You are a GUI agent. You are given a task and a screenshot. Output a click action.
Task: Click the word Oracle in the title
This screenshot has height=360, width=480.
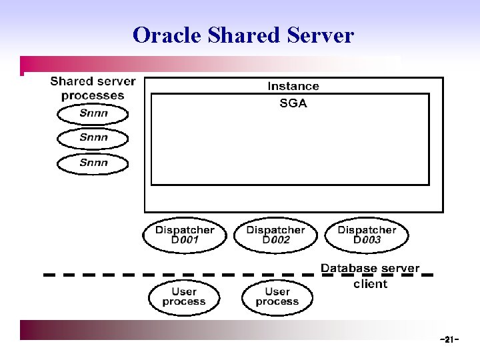(167, 35)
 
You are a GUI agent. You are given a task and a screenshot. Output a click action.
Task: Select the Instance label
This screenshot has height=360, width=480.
(293, 86)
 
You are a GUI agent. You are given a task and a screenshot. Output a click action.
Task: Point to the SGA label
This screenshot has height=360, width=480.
(293, 103)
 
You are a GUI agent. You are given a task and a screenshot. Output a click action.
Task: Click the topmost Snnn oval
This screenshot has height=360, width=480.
(93, 113)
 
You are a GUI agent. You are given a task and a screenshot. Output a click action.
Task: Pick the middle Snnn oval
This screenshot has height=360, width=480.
(93, 138)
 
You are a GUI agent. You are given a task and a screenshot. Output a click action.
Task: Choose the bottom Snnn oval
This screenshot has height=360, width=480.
(93, 163)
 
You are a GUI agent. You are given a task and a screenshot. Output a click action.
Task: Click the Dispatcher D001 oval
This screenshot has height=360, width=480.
(185, 235)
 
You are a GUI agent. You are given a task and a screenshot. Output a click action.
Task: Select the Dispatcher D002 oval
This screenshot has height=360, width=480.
(276, 235)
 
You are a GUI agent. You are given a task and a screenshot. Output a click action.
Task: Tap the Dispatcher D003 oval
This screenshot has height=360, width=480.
(367, 235)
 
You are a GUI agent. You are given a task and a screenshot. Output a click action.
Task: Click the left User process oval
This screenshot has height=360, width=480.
(184, 297)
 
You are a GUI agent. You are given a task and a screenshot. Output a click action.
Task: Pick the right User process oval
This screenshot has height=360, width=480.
(277, 297)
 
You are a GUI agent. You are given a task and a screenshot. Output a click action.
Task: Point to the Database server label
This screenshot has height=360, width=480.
(370, 269)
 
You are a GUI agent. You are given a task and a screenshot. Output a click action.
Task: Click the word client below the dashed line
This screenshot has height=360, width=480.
(370, 284)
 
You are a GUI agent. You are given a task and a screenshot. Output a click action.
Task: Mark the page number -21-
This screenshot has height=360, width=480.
(449, 340)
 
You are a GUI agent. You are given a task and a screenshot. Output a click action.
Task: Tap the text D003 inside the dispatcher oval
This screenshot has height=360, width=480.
(367, 241)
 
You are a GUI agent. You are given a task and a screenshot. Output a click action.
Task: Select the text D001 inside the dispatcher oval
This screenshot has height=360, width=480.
(185, 241)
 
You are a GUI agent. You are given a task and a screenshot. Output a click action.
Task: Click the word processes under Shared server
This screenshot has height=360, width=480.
(93, 95)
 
